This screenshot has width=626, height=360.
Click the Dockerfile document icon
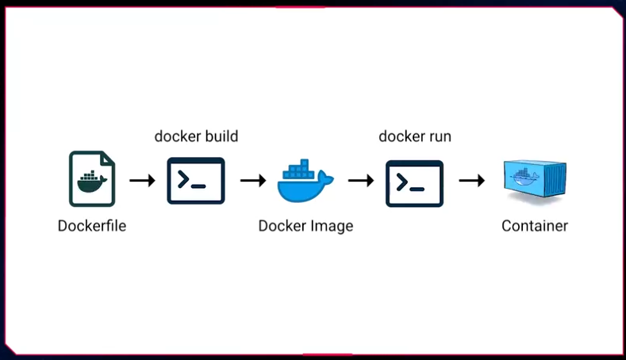(x=91, y=180)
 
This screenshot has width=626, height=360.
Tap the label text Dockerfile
(x=91, y=226)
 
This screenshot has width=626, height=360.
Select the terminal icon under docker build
(x=196, y=181)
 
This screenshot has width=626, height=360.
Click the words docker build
(x=196, y=136)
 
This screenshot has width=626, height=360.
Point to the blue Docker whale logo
(x=305, y=183)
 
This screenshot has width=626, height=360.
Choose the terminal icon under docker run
(x=414, y=182)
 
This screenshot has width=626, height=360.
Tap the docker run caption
(x=414, y=136)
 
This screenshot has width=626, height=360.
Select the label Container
(x=534, y=226)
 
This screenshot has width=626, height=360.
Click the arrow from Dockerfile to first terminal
(x=143, y=181)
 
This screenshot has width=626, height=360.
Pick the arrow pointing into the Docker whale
(x=252, y=181)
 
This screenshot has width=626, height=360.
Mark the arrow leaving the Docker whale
(x=361, y=181)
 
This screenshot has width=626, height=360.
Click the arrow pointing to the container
(x=471, y=181)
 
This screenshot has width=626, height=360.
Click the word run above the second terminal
(x=438, y=136)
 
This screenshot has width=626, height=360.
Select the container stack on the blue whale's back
(x=300, y=170)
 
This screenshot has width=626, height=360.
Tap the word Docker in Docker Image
(x=282, y=226)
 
